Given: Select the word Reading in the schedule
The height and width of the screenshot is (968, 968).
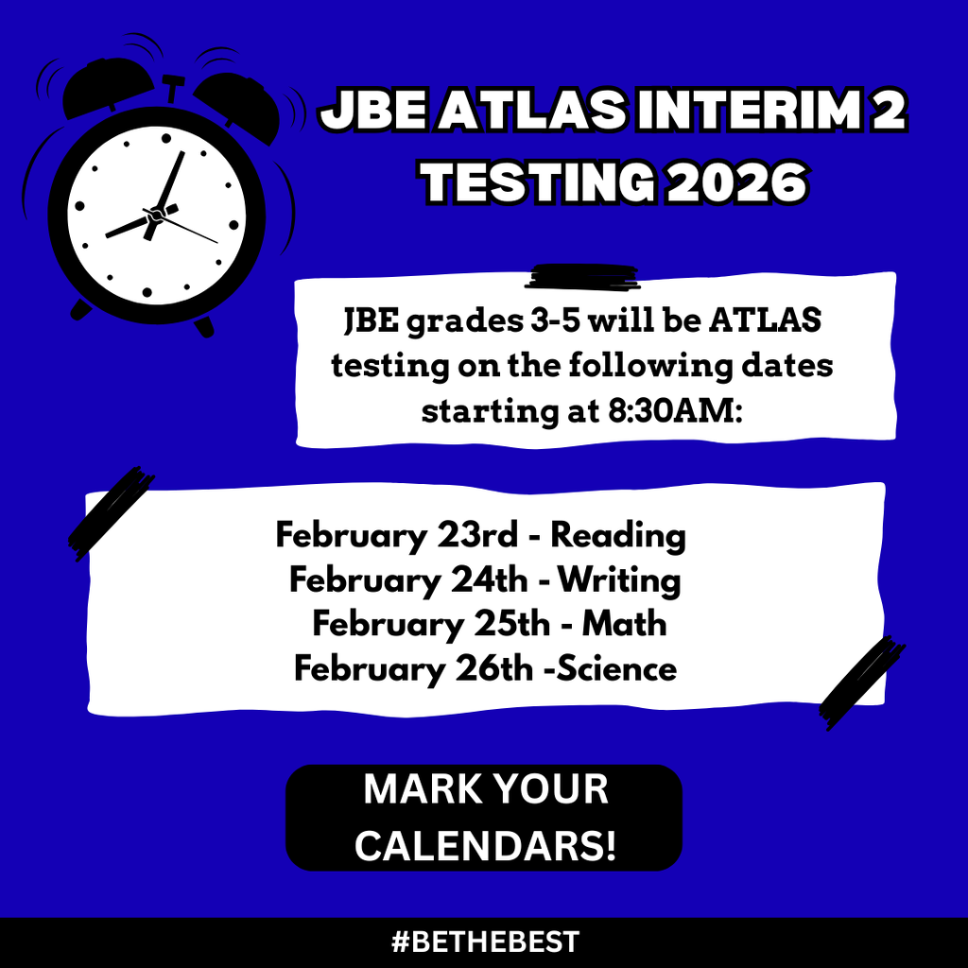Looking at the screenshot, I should [618, 536].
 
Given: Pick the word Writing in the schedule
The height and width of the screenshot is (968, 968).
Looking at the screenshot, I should [619, 579].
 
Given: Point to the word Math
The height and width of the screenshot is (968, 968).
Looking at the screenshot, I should [624, 624].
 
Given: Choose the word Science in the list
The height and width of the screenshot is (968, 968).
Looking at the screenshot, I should [615, 669].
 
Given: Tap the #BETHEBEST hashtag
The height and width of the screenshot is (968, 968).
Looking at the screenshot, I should [484, 942].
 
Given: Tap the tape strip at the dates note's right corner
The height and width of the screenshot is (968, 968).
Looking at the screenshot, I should [860, 683].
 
